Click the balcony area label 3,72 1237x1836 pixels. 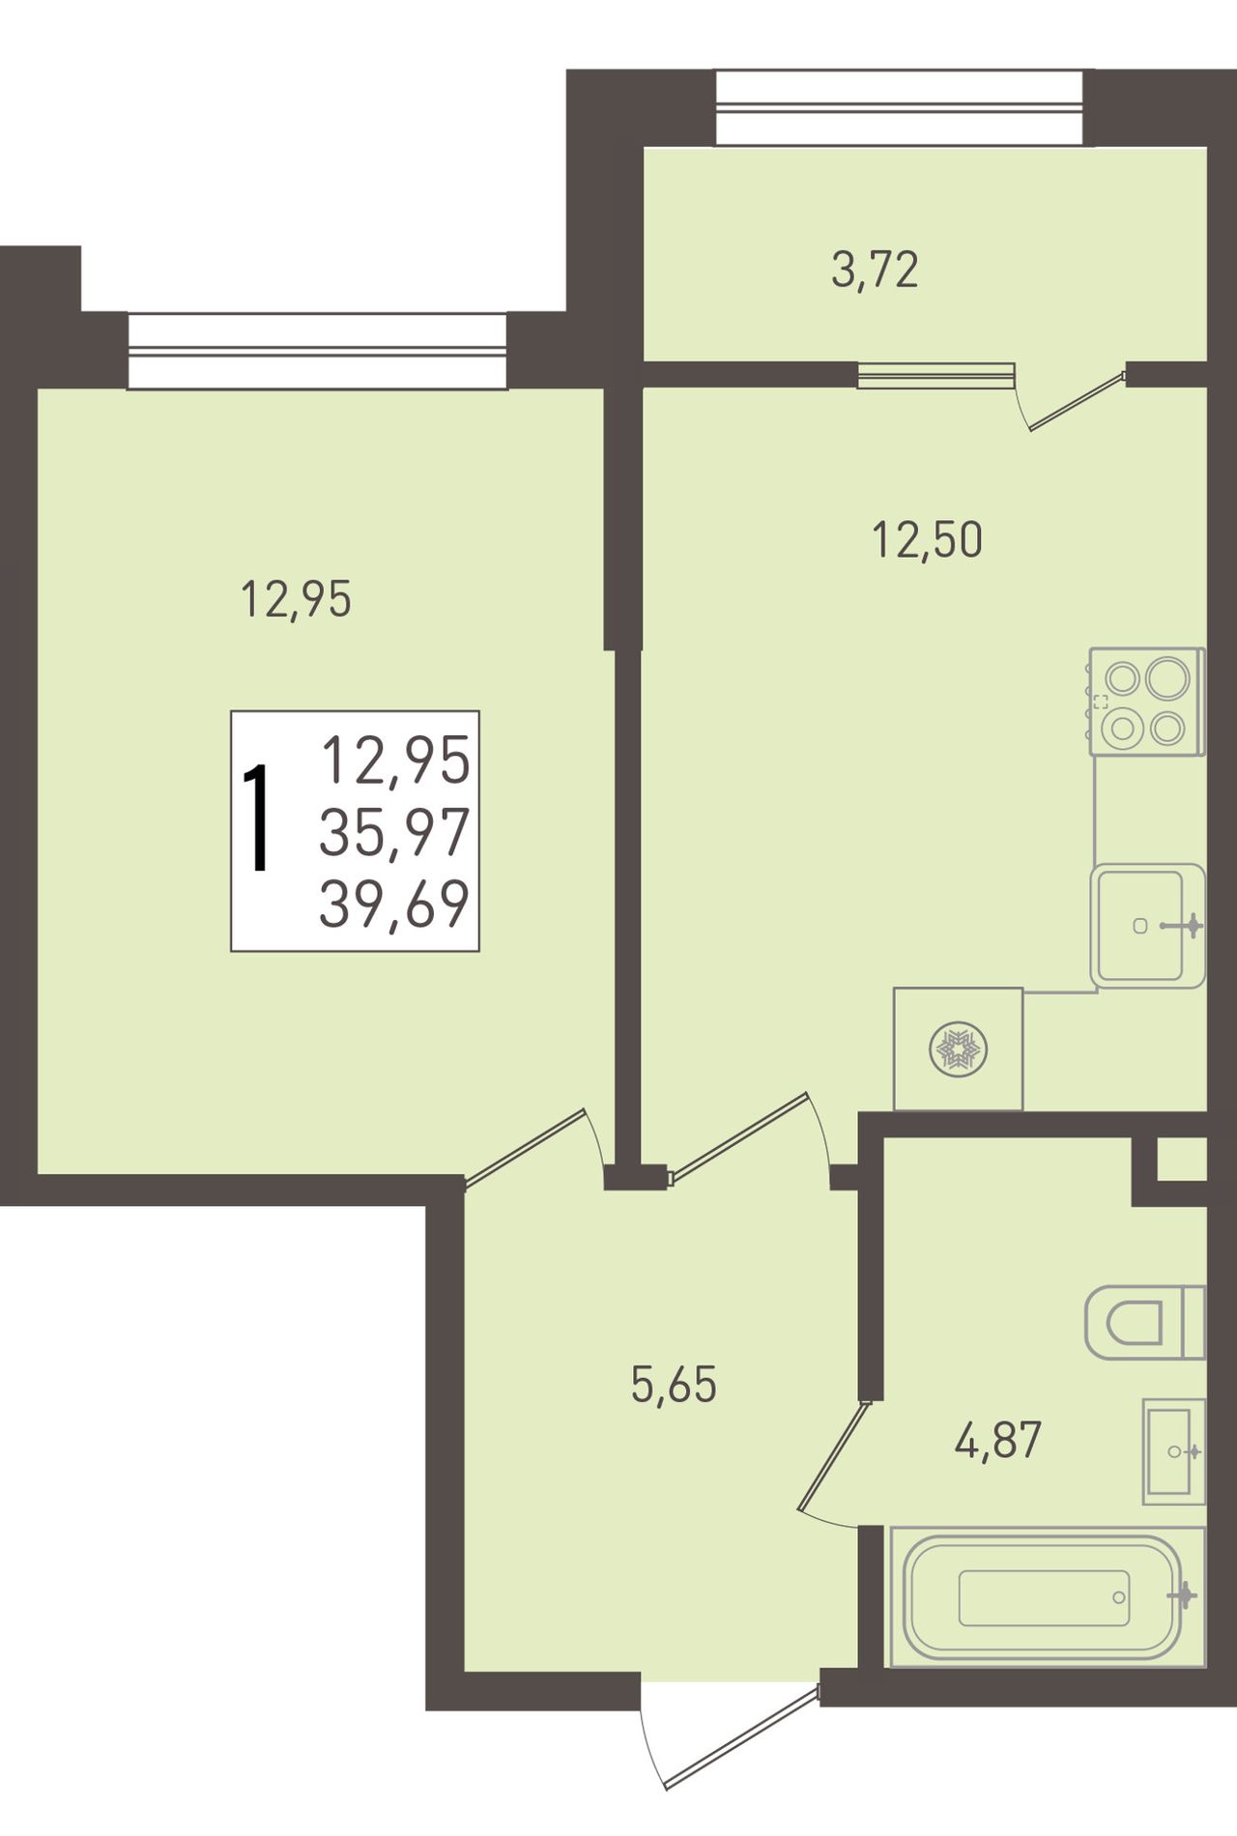(x=875, y=271)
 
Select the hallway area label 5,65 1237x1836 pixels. (x=674, y=1385)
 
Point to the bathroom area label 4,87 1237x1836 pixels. (x=997, y=1441)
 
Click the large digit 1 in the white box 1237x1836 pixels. (x=256, y=818)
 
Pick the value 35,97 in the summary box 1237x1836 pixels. (x=394, y=831)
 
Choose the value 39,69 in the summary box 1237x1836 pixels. (x=394, y=904)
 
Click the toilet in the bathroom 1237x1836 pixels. (x=1145, y=1322)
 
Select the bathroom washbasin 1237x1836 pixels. (x=1173, y=1451)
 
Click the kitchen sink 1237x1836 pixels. (x=1148, y=926)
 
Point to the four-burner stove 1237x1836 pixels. (x=1147, y=702)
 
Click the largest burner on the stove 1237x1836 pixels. (x=1167, y=677)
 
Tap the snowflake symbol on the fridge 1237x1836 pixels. (x=958, y=1049)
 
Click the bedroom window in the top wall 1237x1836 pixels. (x=317, y=350)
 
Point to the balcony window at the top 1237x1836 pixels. (x=905, y=108)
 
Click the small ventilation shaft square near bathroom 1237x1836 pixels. (x=1182, y=1159)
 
